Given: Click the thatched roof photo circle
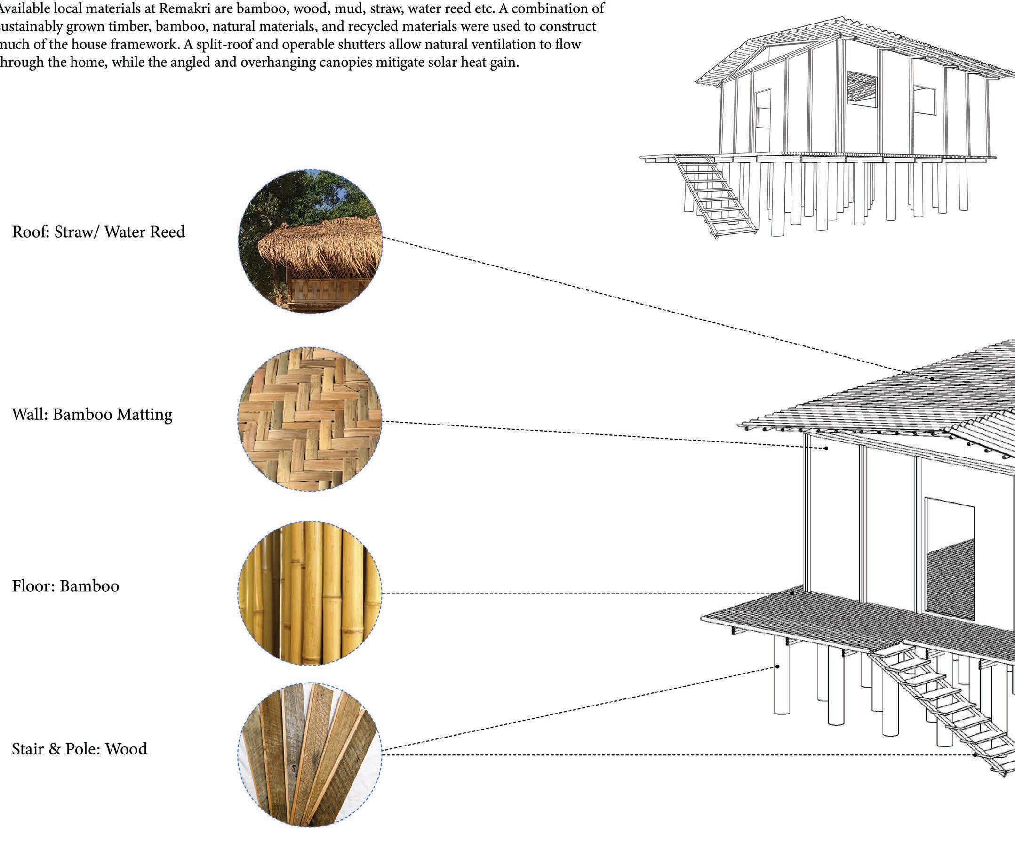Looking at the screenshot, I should (310, 241).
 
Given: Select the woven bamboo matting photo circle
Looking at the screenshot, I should (310, 419).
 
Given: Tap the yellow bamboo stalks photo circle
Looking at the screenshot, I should (310, 593).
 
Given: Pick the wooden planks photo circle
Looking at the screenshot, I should (310, 754).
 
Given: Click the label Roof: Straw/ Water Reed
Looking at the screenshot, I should (98, 232).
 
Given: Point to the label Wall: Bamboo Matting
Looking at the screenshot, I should (92, 414).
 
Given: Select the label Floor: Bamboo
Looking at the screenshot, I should (65, 586).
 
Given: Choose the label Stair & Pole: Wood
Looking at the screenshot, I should (79, 749).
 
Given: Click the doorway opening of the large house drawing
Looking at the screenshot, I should (949, 561).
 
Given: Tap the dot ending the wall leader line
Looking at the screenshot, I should (826, 449).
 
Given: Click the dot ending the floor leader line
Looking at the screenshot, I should (793, 593).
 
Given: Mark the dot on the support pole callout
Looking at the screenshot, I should (778, 666).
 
